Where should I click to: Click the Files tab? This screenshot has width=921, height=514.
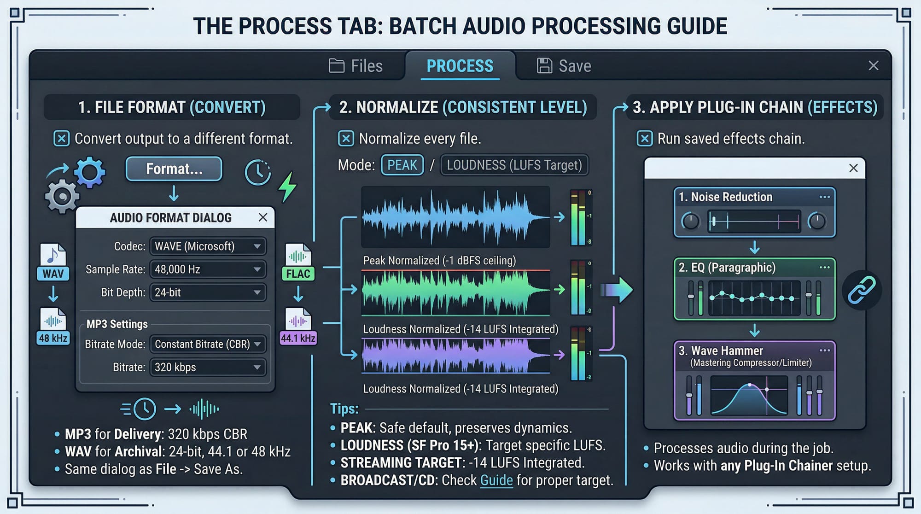click(356, 66)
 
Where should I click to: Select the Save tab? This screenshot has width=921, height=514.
click(564, 66)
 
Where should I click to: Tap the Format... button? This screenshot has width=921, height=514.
click(174, 169)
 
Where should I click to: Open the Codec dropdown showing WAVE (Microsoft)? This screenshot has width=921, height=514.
click(208, 246)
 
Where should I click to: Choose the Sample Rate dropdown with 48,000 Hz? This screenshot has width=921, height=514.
click(208, 269)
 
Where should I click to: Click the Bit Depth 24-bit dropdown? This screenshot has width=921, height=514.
click(208, 292)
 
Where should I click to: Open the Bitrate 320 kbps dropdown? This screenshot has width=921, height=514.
click(208, 367)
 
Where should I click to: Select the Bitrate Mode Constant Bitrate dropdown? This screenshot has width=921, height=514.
click(208, 344)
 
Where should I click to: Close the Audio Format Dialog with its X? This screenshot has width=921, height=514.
click(263, 217)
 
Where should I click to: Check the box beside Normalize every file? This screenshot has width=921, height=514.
click(346, 139)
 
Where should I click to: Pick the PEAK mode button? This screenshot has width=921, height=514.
click(402, 165)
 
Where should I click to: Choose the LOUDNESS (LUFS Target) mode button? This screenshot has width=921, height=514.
click(514, 165)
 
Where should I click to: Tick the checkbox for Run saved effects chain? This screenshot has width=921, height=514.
click(644, 139)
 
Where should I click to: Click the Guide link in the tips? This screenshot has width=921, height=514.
click(496, 480)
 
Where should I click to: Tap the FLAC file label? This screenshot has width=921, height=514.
click(298, 274)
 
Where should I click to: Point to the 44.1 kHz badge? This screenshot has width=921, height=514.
click(298, 338)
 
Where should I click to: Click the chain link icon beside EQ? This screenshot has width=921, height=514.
click(862, 290)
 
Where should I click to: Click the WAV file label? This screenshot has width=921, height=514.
click(53, 274)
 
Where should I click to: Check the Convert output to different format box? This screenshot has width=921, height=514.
click(61, 139)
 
